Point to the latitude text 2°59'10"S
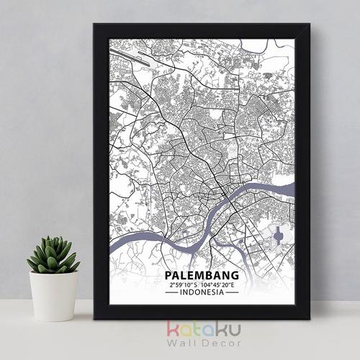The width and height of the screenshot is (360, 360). point(183,284)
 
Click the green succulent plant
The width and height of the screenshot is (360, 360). point(51,256)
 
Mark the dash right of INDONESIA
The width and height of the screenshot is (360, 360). point(231,293)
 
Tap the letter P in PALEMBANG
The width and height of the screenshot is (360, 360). point(168,275)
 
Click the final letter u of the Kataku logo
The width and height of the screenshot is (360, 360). point(234,330)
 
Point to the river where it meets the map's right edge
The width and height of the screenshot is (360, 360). point(292,189)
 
